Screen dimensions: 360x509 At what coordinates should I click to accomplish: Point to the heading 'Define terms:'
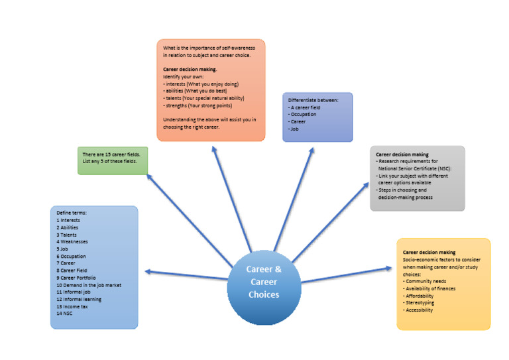click(x=72, y=213)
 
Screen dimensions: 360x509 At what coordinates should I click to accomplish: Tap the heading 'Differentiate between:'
click(x=313, y=99)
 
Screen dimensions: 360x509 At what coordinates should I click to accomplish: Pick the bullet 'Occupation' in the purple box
click(x=304, y=114)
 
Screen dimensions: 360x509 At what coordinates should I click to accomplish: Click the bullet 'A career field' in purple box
click(x=306, y=107)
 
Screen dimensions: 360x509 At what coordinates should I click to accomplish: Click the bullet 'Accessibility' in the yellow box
click(x=424, y=310)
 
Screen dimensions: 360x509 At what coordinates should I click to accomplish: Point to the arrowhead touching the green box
click(x=150, y=177)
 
